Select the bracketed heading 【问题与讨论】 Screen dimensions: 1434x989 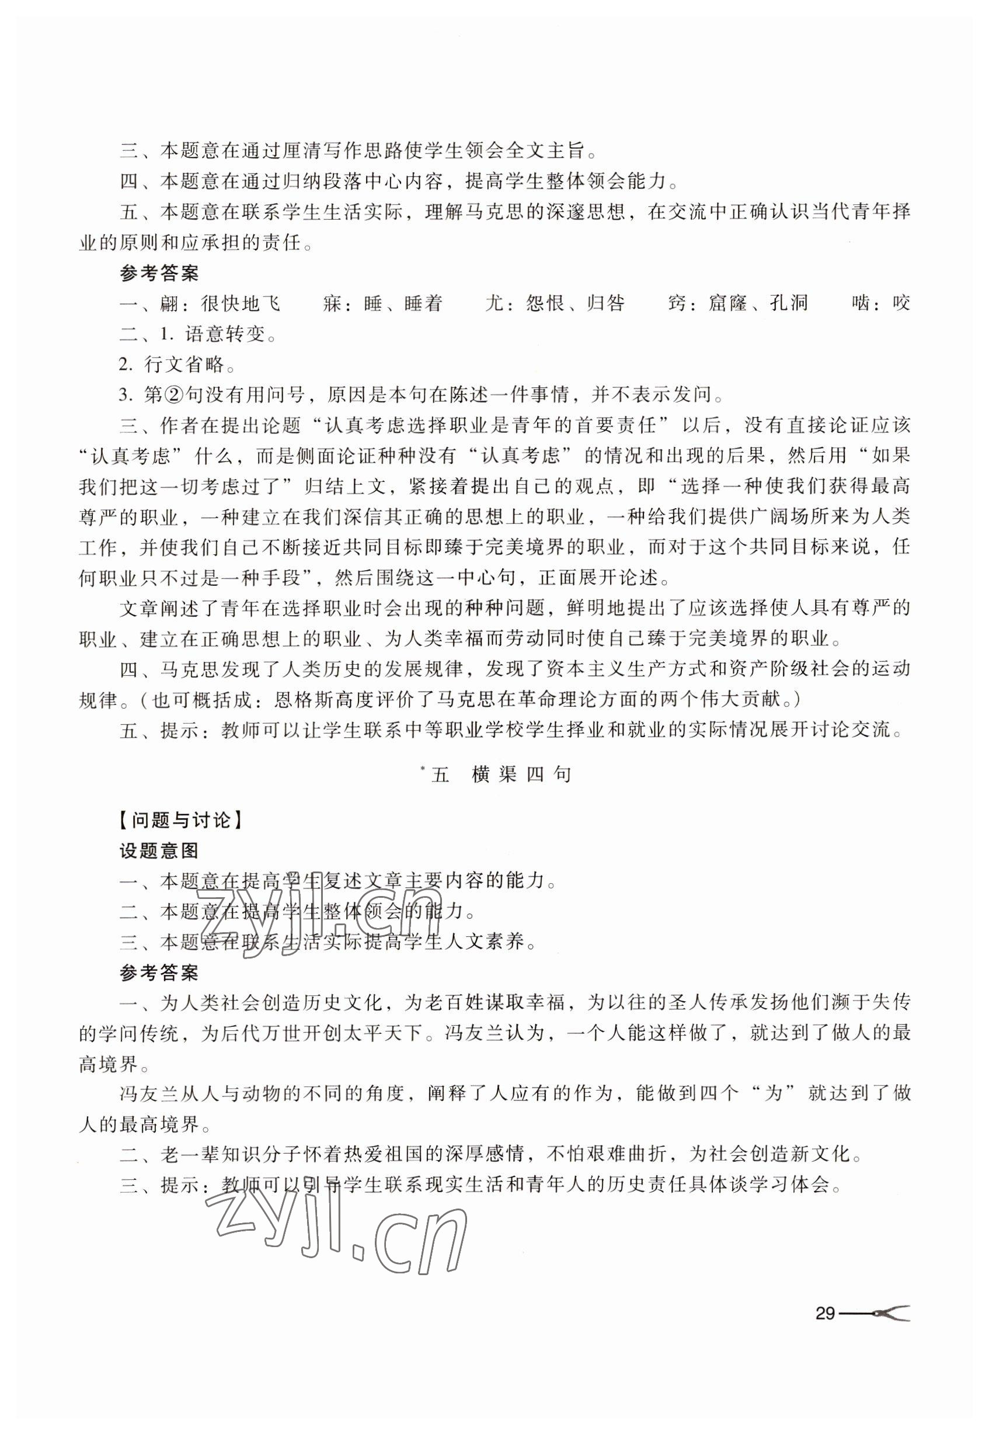pos(180,820)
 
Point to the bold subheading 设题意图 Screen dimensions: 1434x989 pos(159,850)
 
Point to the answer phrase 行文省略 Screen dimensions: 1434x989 pos(184,364)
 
